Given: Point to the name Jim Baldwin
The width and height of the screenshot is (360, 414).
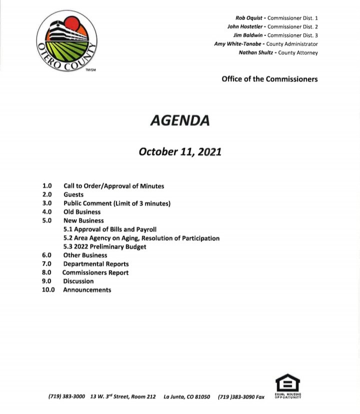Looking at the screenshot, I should point(248,35).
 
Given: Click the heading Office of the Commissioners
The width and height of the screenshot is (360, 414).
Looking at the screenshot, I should point(269,79).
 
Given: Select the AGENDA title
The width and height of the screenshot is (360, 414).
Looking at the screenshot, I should point(180,120).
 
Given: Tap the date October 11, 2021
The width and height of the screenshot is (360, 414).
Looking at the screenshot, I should point(180,151).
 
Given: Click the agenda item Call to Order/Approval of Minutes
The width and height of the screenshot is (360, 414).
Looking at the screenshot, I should point(113,186).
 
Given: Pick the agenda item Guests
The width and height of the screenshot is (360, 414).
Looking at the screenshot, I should point(73,194).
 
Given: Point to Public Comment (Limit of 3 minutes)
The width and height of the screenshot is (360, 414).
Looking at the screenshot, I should point(117,203).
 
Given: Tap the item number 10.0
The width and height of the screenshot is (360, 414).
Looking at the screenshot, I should point(48,290).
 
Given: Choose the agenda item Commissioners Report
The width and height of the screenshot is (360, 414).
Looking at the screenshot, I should point(95,272).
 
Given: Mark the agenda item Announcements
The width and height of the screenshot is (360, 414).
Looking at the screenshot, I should point(87,290).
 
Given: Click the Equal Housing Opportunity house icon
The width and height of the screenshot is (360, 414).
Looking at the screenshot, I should point(287,384).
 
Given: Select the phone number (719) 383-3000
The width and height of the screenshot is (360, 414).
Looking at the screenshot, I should point(67,397).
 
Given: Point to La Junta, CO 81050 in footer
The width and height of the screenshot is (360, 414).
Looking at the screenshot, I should point(186,397).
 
